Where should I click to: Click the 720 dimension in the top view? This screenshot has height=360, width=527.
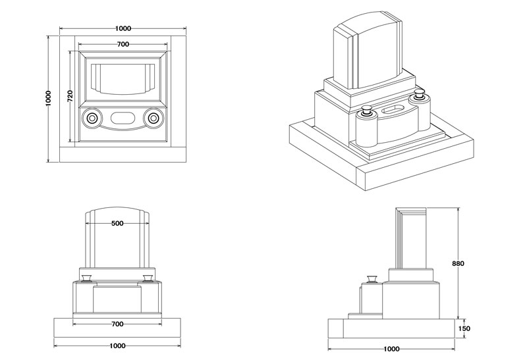pyautogui.click(x=70, y=96)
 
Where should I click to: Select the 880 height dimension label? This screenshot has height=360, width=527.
pyautogui.click(x=458, y=264)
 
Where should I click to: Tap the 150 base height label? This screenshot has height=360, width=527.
pyautogui.click(x=464, y=328)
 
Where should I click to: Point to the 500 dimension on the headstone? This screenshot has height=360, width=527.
pyautogui.click(x=117, y=223)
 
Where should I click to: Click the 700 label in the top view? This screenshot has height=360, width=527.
pyautogui.click(x=123, y=44)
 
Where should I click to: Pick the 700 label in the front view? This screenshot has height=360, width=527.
pyautogui.click(x=117, y=324)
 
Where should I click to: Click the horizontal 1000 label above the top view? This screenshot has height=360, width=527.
pyautogui.click(x=123, y=28)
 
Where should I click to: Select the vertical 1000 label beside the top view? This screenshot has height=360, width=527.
pyautogui.click(x=49, y=99)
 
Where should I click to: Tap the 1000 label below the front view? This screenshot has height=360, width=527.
pyautogui.click(x=117, y=346)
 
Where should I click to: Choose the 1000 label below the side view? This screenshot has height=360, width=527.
pyautogui.click(x=391, y=349)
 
